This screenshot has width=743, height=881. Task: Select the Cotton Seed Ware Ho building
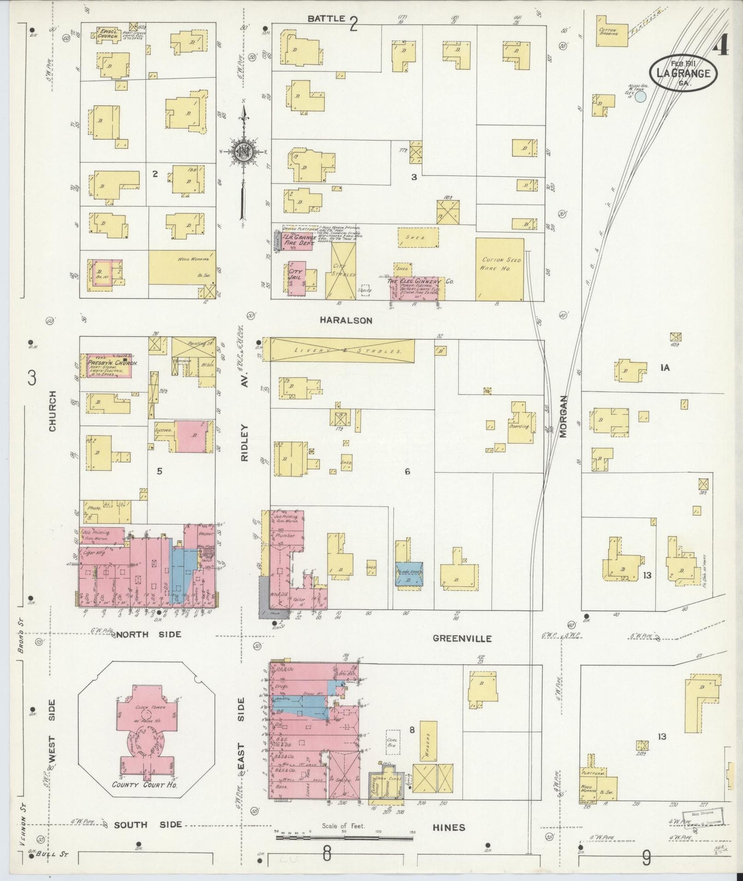click(x=499, y=268)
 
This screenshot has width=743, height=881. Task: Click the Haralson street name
click(x=346, y=320)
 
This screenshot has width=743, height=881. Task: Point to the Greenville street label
click(x=462, y=638)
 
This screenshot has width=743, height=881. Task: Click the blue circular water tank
click(x=639, y=97)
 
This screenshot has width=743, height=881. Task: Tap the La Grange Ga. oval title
click(x=683, y=74)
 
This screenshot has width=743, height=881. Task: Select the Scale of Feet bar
click(x=343, y=837)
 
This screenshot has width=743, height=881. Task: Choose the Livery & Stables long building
click(x=341, y=350)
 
